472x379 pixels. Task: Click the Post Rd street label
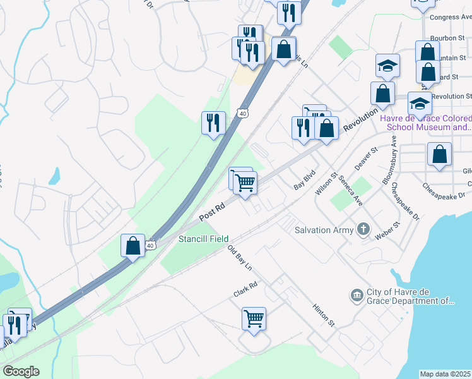point(213,212)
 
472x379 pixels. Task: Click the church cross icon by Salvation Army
point(363,229)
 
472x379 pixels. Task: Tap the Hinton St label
point(324,314)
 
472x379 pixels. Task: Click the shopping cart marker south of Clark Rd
point(254,318)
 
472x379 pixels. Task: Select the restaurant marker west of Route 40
point(213,122)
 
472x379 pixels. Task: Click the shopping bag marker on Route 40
point(133,246)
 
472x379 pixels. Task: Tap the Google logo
point(21,371)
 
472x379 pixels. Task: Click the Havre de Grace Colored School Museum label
point(425,123)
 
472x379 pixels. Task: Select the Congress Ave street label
point(451,17)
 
